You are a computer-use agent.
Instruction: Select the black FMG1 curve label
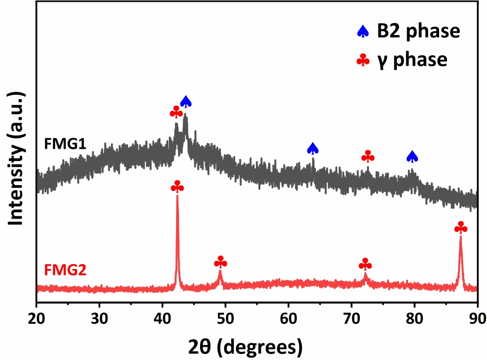pyautogui.click(x=65, y=144)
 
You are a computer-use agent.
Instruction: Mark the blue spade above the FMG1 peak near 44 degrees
pyautogui.click(x=186, y=101)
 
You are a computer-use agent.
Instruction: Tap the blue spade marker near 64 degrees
pyautogui.click(x=313, y=148)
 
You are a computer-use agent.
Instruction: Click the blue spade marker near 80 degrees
pyautogui.click(x=412, y=157)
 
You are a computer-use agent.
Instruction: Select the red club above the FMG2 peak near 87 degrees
pyautogui.click(x=461, y=227)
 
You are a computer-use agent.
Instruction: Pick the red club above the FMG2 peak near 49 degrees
pyautogui.click(x=221, y=262)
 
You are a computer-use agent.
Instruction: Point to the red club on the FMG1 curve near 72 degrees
pyautogui.click(x=368, y=157)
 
